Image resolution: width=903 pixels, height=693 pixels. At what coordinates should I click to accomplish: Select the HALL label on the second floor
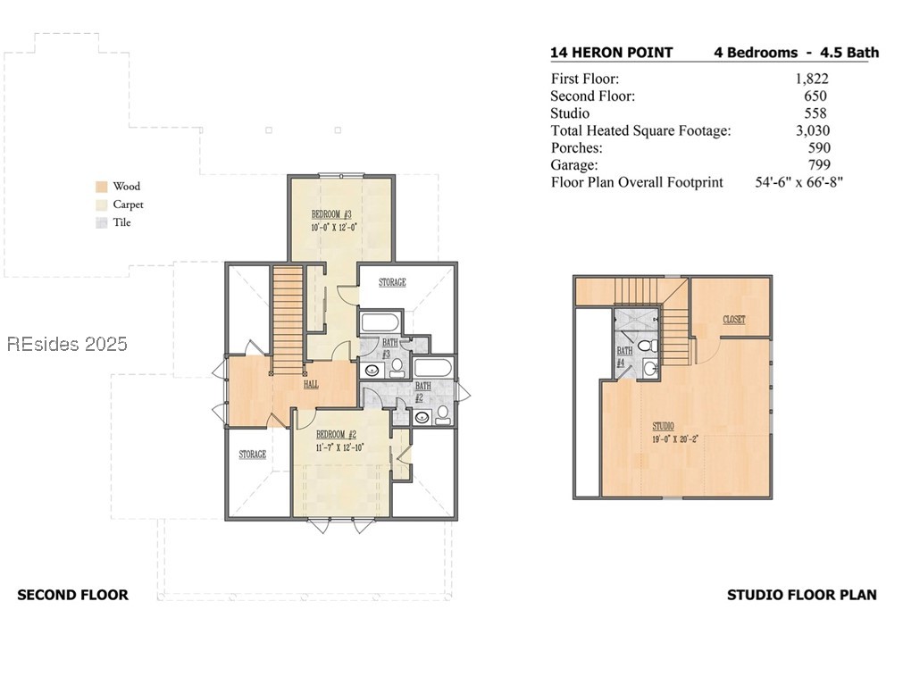click(311, 384)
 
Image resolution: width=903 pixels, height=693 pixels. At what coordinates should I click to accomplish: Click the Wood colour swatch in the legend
click(102, 187)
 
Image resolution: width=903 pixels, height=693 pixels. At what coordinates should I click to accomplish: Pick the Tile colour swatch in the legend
click(102, 222)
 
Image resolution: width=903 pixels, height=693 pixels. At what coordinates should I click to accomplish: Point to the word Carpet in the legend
click(128, 205)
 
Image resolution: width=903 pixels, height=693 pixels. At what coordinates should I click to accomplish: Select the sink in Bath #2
click(422, 417)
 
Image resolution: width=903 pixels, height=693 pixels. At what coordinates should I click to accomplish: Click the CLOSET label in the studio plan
click(734, 320)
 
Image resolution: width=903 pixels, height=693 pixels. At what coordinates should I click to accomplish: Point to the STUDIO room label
click(663, 427)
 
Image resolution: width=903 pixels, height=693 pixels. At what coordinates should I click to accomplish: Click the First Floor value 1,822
click(812, 79)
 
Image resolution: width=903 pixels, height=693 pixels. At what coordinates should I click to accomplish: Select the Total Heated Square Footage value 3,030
click(813, 130)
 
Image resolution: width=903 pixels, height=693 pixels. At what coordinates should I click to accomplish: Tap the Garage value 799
click(819, 165)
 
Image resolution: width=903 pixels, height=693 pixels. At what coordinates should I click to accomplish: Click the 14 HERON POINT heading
click(612, 53)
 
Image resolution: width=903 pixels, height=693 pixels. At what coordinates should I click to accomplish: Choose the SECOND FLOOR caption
click(72, 595)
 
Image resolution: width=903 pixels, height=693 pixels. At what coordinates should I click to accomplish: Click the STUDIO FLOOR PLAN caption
click(802, 595)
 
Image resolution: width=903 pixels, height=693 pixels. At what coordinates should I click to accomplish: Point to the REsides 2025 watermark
click(67, 344)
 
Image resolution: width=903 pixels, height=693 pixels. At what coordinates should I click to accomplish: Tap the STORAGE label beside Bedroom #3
click(392, 282)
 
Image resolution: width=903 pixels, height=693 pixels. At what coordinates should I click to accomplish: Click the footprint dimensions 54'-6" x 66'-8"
click(799, 182)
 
